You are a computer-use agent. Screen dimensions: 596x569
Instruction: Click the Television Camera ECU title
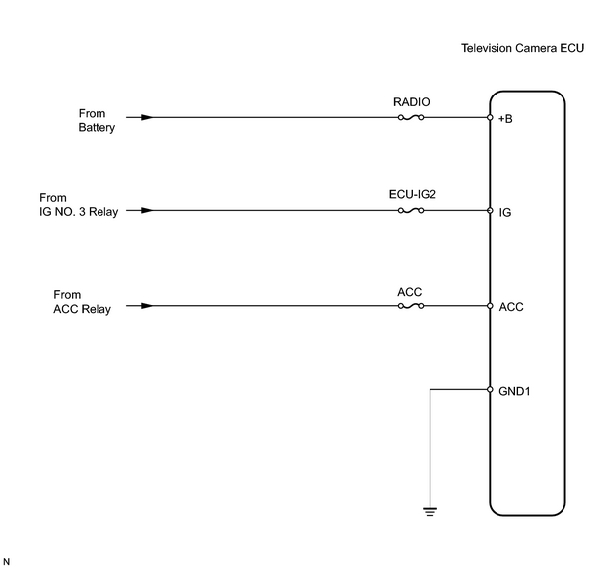pos(523,48)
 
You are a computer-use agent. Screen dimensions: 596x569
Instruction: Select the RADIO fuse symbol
pos(411,118)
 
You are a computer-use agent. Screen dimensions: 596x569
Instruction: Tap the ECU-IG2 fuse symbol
pos(411,210)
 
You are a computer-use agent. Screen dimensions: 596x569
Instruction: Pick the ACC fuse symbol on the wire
pos(411,306)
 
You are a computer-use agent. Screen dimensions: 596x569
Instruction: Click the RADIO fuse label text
pos(411,102)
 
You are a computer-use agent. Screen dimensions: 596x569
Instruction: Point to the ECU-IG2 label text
pos(413,195)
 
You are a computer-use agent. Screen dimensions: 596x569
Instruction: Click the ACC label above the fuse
pos(410,292)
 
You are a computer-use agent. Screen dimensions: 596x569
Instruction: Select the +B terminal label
pos(505,119)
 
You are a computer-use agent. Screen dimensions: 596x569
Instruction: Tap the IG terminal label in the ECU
pos(505,212)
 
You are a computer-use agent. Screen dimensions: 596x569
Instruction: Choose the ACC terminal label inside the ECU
pos(511,307)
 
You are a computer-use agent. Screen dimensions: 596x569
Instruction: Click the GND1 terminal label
pos(514,391)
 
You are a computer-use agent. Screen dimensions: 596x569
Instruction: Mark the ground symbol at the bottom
pos(430,511)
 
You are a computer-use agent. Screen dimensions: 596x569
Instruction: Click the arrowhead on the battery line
pos(147,118)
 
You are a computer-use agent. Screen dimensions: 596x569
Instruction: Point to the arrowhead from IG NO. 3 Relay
pos(147,210)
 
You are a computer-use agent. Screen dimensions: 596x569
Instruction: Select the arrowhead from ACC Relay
pos(147,306)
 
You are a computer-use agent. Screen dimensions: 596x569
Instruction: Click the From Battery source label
pos(97,121)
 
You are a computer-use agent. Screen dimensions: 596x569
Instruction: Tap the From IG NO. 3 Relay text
pos(79,205)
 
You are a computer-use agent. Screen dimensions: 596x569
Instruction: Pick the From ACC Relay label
pos(82,302)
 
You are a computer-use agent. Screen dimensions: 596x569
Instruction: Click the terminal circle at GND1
pos(490,389)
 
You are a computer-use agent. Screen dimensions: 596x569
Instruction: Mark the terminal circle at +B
pos(490,118)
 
